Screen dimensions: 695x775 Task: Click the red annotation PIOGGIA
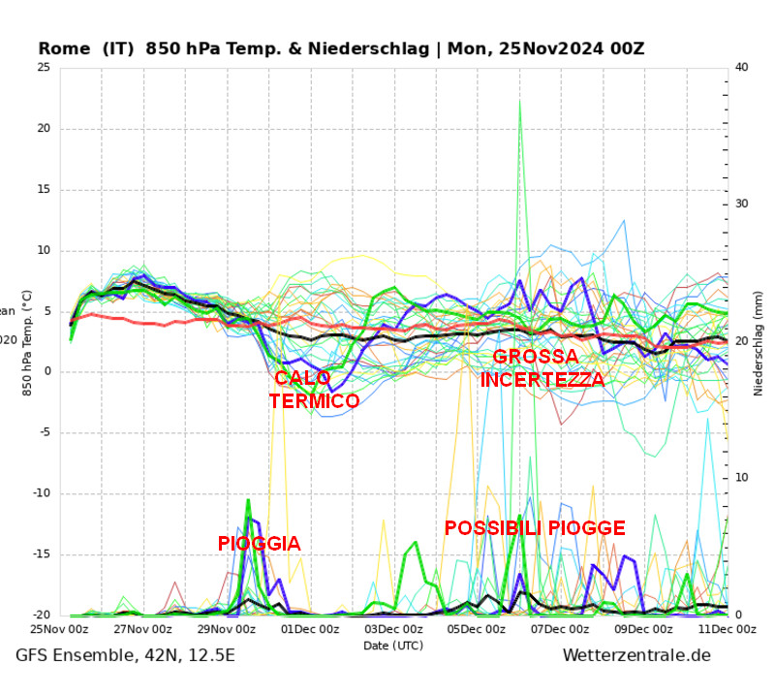coord(259,544)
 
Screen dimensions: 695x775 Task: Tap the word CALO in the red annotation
coord(302,378)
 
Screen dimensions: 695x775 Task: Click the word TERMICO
coord(314,400)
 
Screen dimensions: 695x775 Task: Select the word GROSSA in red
coord(536,357)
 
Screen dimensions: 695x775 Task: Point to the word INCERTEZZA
coord(542,379)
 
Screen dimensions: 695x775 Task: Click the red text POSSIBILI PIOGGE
coord(535,528)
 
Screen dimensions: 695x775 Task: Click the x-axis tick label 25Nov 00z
coord(61,629)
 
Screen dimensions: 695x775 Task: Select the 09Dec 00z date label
coord(643,629)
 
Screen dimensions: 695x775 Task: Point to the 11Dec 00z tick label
coord(726,629)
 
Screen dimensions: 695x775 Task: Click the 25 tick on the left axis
coord(44,67)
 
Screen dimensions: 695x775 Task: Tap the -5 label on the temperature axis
coord(44,433)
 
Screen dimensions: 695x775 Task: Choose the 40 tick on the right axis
coord(742,67)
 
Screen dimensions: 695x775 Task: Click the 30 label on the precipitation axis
coord(742,204)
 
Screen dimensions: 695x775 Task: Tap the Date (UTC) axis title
coord(393,646)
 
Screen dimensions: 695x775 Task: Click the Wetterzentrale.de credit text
coord(636,656)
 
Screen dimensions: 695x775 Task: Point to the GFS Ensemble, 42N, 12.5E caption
coord(125,656)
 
